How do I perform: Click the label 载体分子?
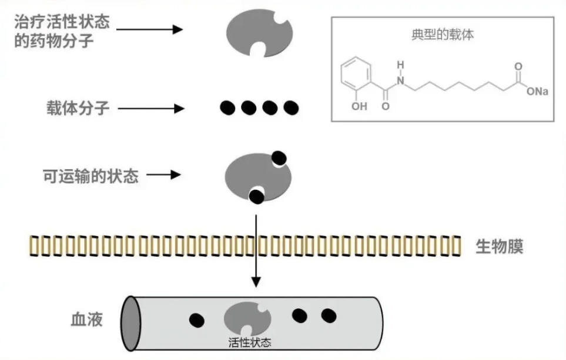coord(78,109)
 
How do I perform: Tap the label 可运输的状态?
coord(91,175)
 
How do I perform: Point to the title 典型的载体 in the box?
coord(443,35)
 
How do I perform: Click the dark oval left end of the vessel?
coord(129,323)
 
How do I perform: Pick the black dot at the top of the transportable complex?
coord(279,157)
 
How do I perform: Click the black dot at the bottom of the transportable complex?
coord(256,196)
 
